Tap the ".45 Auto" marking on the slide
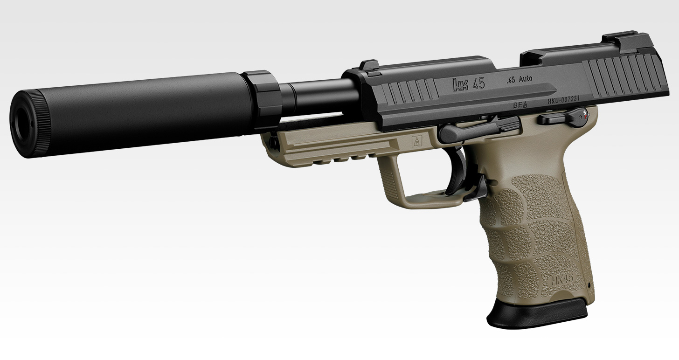[519, 79]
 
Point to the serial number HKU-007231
[564, 100]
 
